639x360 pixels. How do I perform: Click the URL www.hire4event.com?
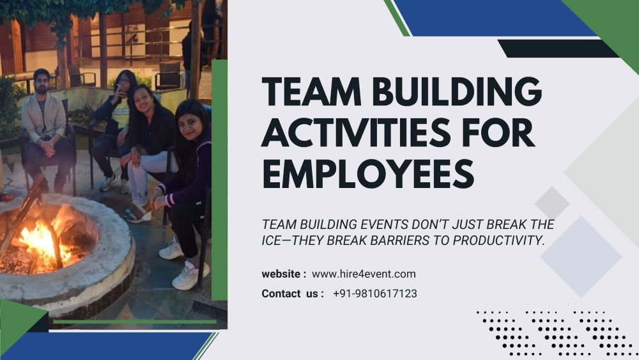point(364,274)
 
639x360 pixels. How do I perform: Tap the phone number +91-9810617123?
point(375,293)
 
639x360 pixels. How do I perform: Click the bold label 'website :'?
point(284,274)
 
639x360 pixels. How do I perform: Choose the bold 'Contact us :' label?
point(293,293)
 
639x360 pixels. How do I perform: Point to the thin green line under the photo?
point(134,321)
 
